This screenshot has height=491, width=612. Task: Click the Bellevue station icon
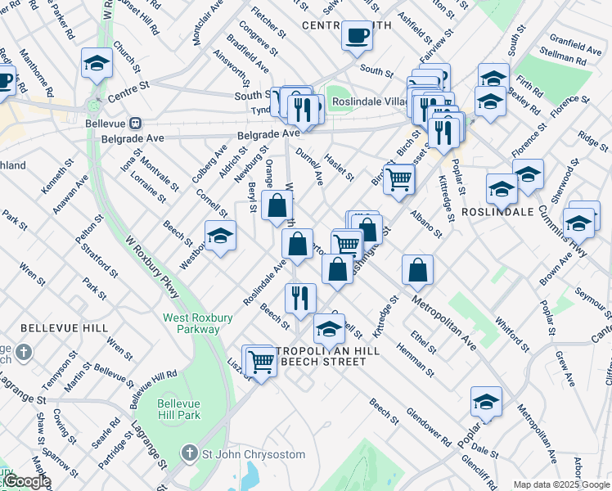pos(136,124)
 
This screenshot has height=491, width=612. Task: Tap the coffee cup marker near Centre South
pos(357,37)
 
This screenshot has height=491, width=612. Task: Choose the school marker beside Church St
pos(97,65)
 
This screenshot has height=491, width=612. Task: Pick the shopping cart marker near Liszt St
pos(260,360)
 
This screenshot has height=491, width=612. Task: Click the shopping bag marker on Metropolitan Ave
pos(417,269)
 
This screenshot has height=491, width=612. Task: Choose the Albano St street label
pos(426,223)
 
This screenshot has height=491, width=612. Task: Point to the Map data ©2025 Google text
pos(561,484)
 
